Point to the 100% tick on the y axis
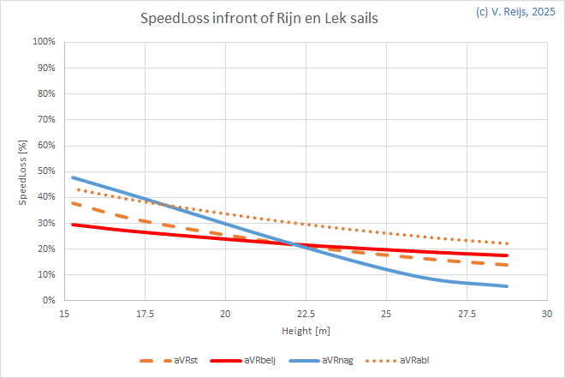43,42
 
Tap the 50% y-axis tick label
45,171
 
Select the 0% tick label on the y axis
48,301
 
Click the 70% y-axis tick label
45,120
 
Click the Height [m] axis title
305,330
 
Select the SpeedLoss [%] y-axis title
24,171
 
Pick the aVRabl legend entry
419,360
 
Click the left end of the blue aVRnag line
73,177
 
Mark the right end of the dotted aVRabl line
508,243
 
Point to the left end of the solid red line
73,225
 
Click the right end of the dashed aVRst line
508,265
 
